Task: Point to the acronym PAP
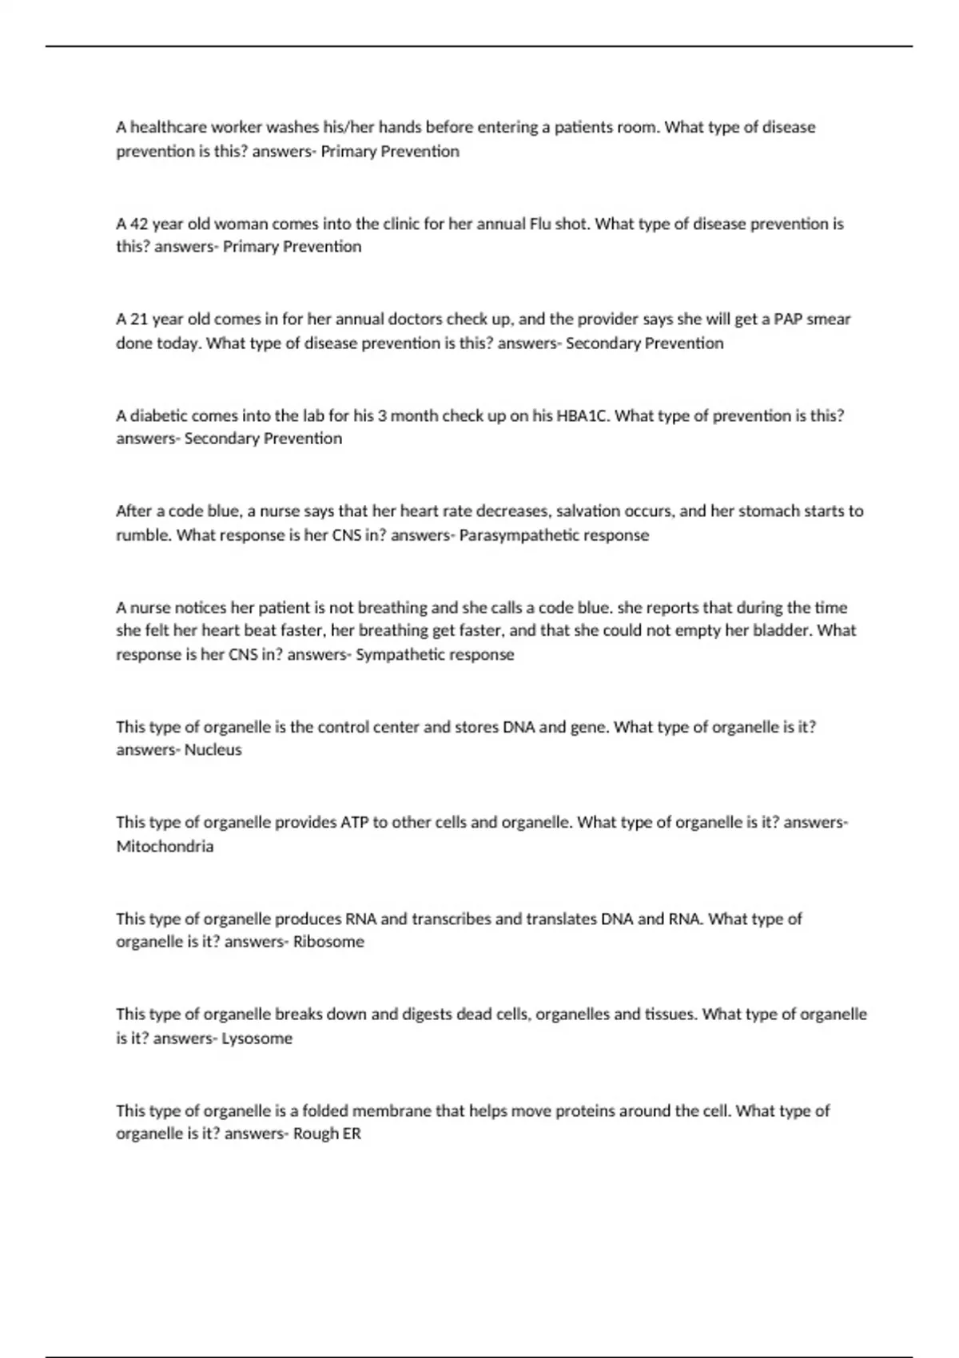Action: (x=789, y=320)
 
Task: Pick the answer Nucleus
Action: (x=213, y=750)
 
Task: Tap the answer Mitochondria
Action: (x=165, y=847)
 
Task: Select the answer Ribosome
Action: (x=328, y=942)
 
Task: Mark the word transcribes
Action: (x=450, y=919)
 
